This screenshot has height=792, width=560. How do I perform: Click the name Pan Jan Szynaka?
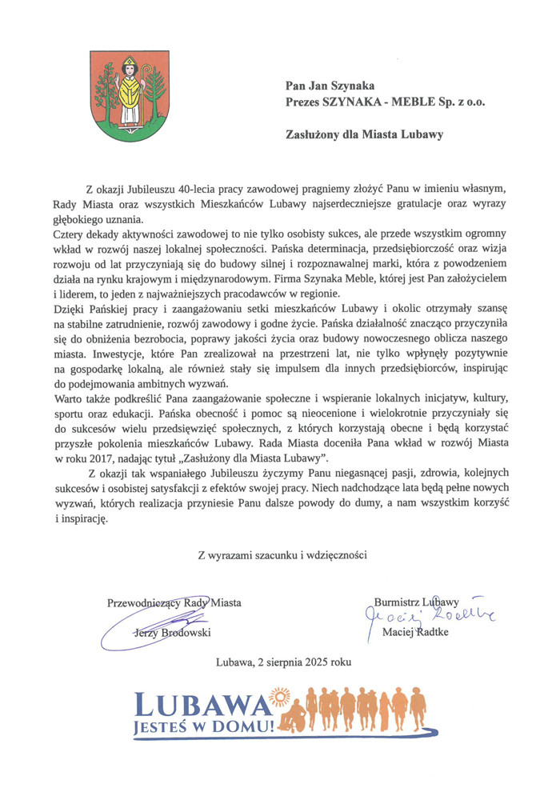[x=330, y=86]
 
